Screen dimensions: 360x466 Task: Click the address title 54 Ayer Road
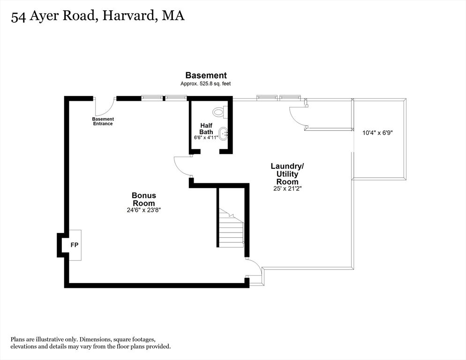(x=98, y=16)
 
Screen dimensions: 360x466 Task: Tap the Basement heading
(x=206, y=75)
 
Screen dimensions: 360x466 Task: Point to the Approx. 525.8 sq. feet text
(x=206, y=83)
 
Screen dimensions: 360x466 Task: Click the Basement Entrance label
(x=103, y=121)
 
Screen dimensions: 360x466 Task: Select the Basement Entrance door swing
(x=104, y=107)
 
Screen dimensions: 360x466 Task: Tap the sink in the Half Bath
(x=224, y=134)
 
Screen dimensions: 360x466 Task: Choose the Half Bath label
(x=206, y=128)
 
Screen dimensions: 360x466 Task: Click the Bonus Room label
(x=143, y=199)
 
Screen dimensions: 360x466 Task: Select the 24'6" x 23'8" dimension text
(x=143, y=210)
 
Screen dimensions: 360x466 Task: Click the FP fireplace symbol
(x=74, y=245)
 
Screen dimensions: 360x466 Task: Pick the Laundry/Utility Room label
(x=287, y=174)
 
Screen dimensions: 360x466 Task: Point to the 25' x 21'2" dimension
(x=287, y=189)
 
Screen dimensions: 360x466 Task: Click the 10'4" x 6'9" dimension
(x=377, y=133)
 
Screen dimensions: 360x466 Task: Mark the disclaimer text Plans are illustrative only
(x=90, y=343)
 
